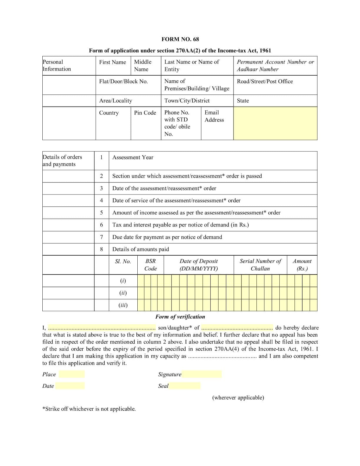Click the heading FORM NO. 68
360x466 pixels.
click(180, 39)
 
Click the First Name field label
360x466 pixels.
click(112, 62)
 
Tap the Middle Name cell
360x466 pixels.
click(143, 65)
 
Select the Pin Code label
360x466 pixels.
click(145, 113)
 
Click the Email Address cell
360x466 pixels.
click(214, 116)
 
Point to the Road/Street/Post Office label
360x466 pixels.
click(265, 81)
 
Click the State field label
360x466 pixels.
click(243, 101)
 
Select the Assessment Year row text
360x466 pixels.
click(133, 157)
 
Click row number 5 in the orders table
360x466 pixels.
click(101, 213)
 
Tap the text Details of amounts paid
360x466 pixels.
click(141, 249)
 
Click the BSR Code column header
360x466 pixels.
click(151, 265)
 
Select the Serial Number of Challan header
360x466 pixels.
click(260, 265)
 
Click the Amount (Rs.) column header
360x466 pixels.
click(302, 265)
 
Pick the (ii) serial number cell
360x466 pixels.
click(123, 293)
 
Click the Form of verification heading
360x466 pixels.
click(180, 317)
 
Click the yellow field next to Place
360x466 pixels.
click(71, 374)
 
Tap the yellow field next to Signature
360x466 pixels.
click(201, 374)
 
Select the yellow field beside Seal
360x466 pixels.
click(185, 386)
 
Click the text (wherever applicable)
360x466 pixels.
click(238, 398)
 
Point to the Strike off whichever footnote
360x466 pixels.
click(89, 409)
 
